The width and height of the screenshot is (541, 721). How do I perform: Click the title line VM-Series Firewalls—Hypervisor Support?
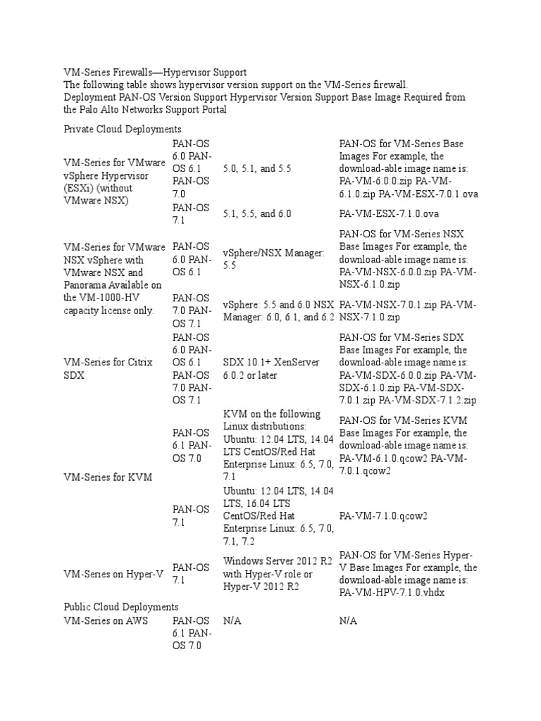pyautogui.click(x=155, y=73)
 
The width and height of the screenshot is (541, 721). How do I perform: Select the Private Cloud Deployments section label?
pyautogui.click(x=123, y=129)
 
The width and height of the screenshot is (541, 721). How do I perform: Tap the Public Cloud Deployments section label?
pyautogui.click(x=121, y=606)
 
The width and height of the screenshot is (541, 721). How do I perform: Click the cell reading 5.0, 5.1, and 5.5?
pyautogui.click(x=257, y=169)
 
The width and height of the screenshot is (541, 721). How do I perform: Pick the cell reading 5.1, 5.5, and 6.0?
pyautogui.click(x=257, y=213)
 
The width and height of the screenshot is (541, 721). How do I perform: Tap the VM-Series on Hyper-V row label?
pyautogui.click(x=113, y=574)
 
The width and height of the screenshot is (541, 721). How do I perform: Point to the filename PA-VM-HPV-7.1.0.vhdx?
pyautogui.click(x=392, y=593)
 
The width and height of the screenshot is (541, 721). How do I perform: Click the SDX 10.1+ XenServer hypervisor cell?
pyautogui.click(x=271, y=368)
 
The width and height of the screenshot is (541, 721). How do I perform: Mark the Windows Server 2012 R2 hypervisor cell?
pyautogui.click(x=278, y=574)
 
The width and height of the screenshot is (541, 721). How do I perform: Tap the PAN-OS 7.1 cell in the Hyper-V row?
pyautogui.click(x=191, y=574)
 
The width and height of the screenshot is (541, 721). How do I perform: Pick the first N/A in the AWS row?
pyautogui.click(x=232, y=621)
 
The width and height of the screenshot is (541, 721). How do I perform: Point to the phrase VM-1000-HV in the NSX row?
pyautogui.click(x=94, y=297)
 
